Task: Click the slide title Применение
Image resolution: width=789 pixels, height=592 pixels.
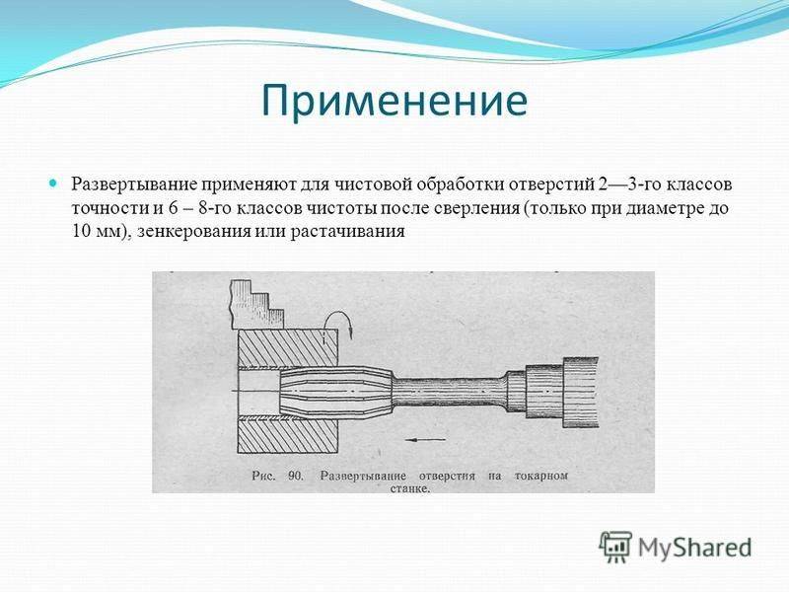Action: (394, 102)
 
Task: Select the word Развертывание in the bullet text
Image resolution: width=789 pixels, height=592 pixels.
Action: (133, 185)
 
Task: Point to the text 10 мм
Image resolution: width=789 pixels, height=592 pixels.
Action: (96, 231)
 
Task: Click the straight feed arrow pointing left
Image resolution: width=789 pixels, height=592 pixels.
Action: (426, 439)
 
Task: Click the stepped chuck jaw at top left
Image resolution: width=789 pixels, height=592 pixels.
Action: (255, 305)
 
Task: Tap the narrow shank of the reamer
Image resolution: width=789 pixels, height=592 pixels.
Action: (449, 393)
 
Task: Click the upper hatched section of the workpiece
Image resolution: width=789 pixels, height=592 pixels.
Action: (287, 348)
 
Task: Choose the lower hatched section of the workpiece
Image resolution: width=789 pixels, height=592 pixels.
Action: (287, 436)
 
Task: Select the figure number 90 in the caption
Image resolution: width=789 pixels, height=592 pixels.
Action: (295, 476)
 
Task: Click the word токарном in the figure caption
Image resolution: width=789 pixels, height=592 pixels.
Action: (541, 476)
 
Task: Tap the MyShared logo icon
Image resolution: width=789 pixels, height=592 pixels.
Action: (615, 547)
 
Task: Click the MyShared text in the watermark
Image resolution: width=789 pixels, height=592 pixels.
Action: (695, 549)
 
